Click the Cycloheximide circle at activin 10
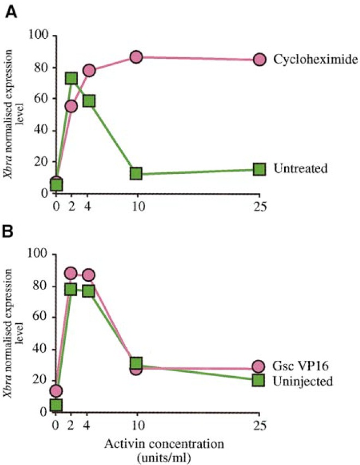pos(136,57)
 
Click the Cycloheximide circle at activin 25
pos(259,59)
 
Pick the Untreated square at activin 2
pos(71,78)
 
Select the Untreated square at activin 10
pos(136,173)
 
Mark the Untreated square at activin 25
pos(259,169)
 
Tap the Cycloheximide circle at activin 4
pos(89,70)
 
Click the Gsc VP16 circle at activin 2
pos(71,274)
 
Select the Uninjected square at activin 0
pos(56,405)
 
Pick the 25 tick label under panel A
pos(259,207)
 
